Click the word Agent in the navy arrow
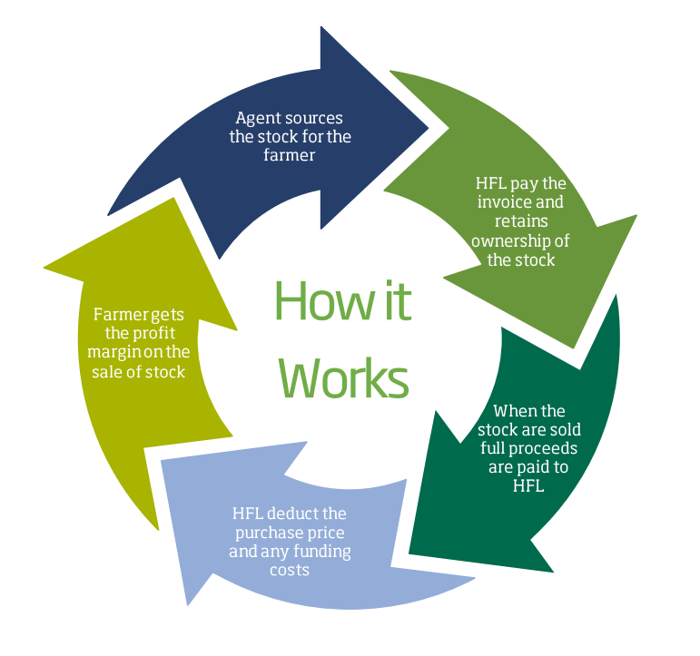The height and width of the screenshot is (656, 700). pyautogui.click(x=257, y=118)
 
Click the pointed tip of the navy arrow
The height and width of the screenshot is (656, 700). pyautogui.click(x=429, y=127)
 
